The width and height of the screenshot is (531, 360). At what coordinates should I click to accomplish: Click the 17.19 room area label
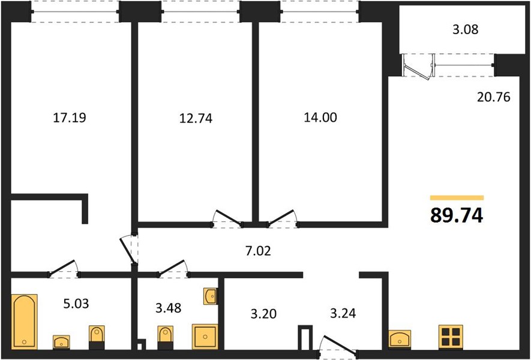coord(70,118)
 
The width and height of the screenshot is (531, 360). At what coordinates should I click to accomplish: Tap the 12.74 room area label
coord(196,118)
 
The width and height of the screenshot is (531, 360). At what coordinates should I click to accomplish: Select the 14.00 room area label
coord(320,118)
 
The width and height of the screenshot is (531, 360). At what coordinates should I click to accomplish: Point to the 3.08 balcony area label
coord(466,29)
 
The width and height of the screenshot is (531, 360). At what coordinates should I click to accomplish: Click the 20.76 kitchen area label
coord(493,97)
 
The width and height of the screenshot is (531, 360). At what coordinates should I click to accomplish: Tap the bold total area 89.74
coord(457,215)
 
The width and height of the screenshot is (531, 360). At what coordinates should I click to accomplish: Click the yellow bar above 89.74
coord(457,198)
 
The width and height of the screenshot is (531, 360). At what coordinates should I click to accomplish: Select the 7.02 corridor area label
coord(259,251)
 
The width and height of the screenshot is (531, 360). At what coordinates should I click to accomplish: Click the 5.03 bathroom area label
coord(76,304)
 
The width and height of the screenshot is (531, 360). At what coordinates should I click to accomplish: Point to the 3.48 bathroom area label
coord(169,308)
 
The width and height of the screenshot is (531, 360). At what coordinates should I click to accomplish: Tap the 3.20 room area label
coord(263,314)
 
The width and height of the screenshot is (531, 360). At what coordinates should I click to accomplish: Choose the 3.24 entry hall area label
coord(343,313)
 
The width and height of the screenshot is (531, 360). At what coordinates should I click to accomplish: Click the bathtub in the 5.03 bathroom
coord(24,322)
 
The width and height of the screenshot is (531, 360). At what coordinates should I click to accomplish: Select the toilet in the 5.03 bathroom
coord(97,337)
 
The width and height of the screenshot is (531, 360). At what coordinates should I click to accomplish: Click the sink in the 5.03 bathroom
coord(61,342)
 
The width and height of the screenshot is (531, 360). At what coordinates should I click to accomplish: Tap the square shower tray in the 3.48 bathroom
coord(205,337)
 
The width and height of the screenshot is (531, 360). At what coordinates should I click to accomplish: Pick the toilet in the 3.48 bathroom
coord(166,338)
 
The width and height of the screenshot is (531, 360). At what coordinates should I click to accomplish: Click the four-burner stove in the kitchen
coord(451,337)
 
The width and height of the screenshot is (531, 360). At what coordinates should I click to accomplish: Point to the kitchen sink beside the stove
coord(400,339)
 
